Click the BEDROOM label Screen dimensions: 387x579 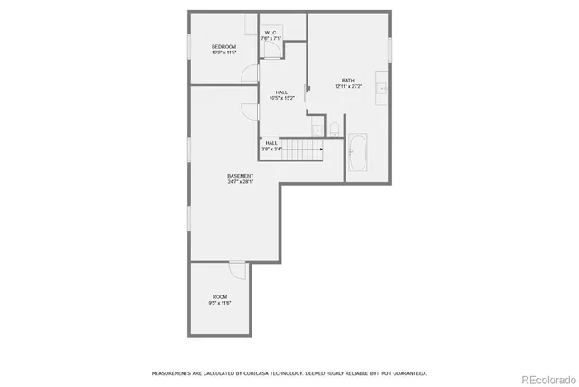[223, 47]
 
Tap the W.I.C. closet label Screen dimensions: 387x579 [271, 33]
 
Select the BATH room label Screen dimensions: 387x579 [348, 80]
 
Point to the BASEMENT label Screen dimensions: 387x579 [240, 176]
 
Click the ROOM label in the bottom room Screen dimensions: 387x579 [220, 296]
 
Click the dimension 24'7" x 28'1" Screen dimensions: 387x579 [240, 182]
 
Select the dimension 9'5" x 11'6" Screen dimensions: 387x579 [220, 303]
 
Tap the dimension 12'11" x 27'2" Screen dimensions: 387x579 [348, 86]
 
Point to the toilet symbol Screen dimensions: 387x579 [334, 128]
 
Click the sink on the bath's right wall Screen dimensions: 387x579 [384, 89]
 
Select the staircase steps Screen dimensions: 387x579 [302, 150]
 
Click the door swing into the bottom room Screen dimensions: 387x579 [236, 269]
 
